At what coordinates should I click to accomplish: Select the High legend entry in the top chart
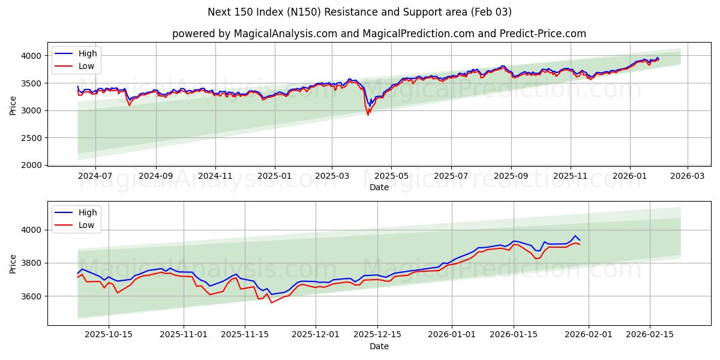point(87,53)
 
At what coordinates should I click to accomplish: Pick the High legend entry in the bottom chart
point(87,212)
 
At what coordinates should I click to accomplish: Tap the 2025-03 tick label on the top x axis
point(332,176)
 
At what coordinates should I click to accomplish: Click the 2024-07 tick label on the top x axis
point(95,176)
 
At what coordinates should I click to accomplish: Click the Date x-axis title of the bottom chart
point(379,346)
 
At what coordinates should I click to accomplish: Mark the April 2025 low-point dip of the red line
point(368,115)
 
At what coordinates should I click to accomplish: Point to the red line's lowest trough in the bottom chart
point(271,302)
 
